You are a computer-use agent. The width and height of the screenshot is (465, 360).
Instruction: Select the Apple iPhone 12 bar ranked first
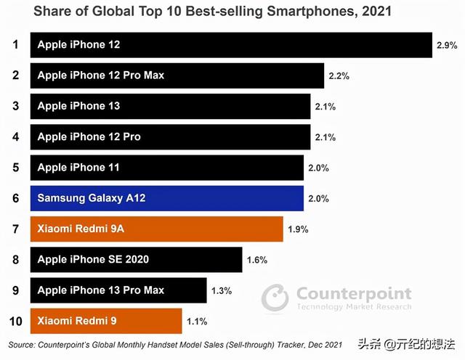point(231,45)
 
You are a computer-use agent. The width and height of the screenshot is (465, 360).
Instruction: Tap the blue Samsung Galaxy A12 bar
point(166,198)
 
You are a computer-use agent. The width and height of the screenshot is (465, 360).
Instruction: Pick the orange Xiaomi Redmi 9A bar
point(156,229)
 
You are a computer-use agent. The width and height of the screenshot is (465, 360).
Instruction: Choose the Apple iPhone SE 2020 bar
point(136,259)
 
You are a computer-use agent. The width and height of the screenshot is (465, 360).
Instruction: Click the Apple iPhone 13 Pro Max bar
point(118,290)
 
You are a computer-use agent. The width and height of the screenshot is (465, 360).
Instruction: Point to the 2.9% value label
point(447,45)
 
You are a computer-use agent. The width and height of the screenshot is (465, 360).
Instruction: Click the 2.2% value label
point(339,75)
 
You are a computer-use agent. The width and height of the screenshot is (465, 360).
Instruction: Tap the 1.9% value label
point(298,229)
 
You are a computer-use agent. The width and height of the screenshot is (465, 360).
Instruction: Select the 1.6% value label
point(257,260)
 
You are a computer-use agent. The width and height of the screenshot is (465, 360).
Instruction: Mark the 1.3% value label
point(221,290)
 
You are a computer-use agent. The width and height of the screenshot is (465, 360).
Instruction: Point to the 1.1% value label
point(196,321)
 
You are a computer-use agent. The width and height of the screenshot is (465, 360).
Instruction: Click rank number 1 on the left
point(15,45)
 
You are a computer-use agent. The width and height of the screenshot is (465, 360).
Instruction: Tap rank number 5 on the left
point(15,168)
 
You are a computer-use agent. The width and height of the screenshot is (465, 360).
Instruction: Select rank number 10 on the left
point(15,320)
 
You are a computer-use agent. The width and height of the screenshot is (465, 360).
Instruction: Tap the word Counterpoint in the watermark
point(354,293)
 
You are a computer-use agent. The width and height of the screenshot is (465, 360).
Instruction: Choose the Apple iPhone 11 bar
point(166,168)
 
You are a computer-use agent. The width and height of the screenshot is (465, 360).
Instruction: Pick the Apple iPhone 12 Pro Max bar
point(177,75)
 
